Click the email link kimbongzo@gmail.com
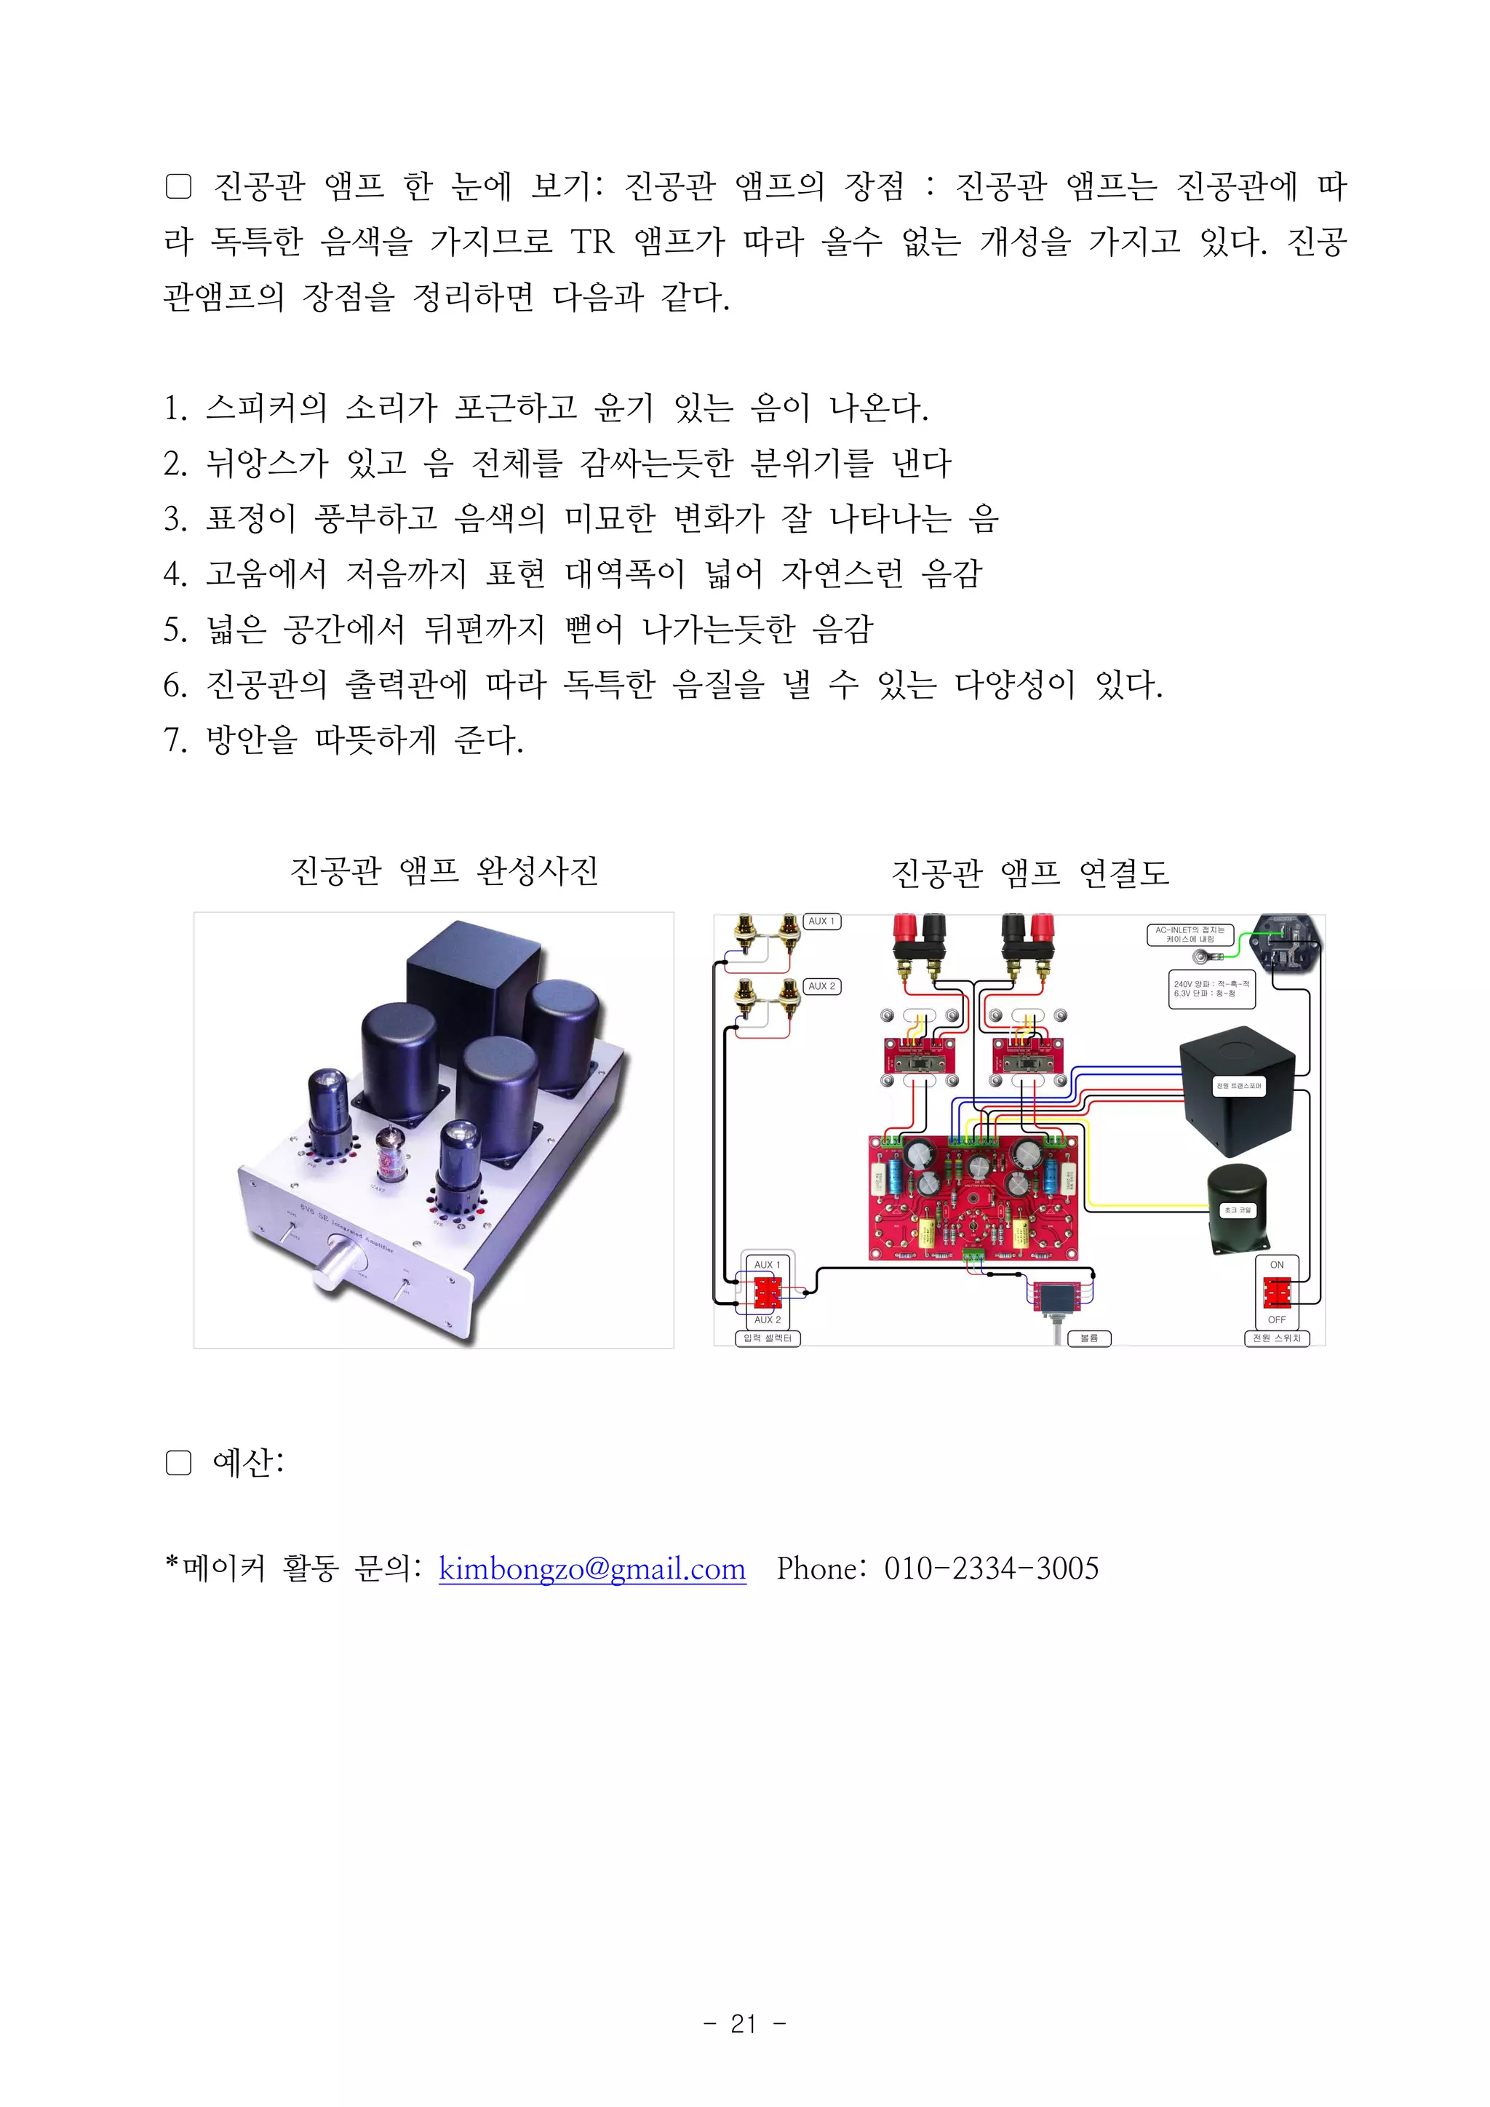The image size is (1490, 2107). (591, 1568)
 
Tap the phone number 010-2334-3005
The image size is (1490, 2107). (991, 1568)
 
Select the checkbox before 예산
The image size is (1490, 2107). (178, 1463)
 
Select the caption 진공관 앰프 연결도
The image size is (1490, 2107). (1030, 873)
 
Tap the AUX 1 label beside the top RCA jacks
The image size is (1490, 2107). (821, 921)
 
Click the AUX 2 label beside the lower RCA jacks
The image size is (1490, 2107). (821, 986)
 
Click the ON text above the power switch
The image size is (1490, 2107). (1276, 1265)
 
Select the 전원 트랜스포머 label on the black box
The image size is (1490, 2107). (1238, 1086)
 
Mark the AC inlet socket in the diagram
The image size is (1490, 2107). (1288, 942)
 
